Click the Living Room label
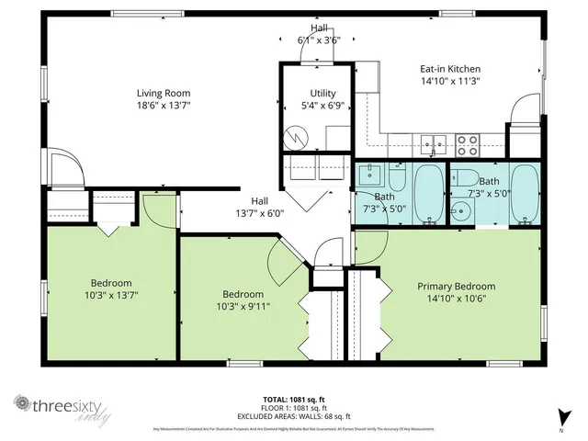pos(164,93)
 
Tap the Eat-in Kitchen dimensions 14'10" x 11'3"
pos(450,81)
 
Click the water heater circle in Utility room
pos(298,138)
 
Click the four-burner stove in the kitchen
pos(468,143)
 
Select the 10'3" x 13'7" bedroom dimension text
pos(110,295)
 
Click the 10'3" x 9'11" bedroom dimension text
pos(243,306)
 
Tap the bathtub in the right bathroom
pos(526,194)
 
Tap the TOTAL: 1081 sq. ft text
pos(294,399)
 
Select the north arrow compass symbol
pos(560,414)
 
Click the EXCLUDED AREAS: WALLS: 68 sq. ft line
pos(294,413)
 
